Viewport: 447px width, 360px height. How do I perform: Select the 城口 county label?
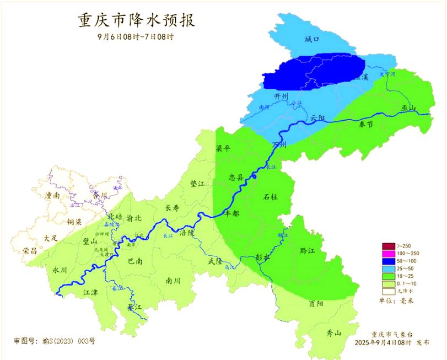313,39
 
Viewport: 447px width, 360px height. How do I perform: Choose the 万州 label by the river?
279,144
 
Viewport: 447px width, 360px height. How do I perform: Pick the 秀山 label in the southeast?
334,333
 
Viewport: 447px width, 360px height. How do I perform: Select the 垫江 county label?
197,184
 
